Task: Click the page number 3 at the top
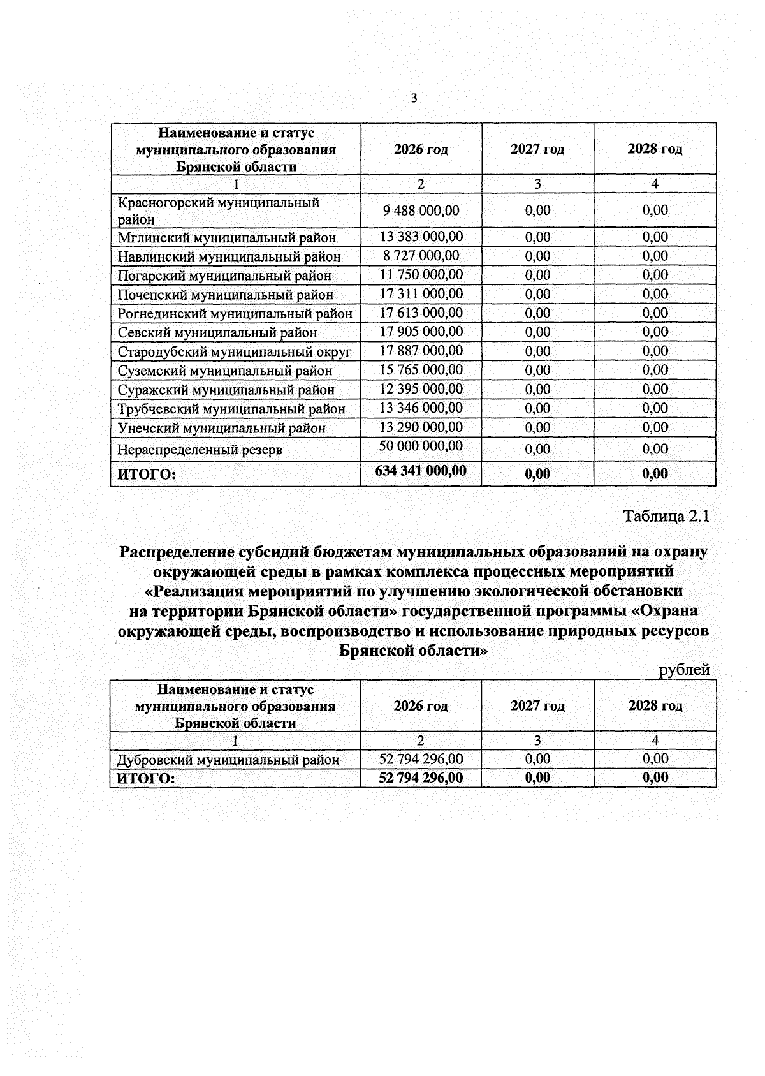click(414, 98)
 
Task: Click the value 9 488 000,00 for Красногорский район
click(421, 210)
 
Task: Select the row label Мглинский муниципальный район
click(226, 238)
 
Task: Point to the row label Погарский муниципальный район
click(224, 276)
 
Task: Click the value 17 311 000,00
click(421, 294)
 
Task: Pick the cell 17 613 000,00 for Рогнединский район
click(421, 313)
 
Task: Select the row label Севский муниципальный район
click(217, 332)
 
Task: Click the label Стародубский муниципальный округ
click(234, 351)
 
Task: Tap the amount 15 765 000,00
click(421, 370)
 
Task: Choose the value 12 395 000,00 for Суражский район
click(421, 389)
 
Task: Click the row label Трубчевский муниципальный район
click(231, 409)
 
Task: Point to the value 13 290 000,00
click(421, 427)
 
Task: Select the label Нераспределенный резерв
click(200, 450)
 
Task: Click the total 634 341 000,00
click(421, 471)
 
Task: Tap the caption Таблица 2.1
click(666, 516)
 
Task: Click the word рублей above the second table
click(684, 670)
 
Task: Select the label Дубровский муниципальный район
click(228, 760)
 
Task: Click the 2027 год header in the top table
click(537, 149)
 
